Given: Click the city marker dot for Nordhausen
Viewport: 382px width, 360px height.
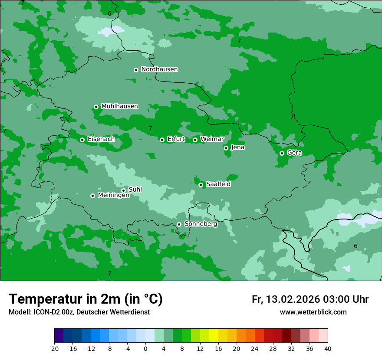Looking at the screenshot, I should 136,70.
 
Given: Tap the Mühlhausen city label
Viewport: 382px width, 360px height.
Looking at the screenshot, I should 119,106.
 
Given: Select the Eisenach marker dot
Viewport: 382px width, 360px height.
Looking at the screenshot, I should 82,140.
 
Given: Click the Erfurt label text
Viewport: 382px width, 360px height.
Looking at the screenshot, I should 176,139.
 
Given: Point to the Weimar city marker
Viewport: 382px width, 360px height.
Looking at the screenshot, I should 195,140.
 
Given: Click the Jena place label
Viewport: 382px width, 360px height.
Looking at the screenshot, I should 237,147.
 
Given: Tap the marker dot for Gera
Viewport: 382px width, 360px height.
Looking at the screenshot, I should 282,153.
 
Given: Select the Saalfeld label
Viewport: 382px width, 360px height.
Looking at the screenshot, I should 218,184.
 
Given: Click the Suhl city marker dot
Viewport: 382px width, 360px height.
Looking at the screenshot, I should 123,190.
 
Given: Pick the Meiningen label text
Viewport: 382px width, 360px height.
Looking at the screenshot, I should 114,196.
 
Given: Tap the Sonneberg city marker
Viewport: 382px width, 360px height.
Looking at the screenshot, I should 179,224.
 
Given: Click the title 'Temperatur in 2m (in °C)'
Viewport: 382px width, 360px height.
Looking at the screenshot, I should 86,299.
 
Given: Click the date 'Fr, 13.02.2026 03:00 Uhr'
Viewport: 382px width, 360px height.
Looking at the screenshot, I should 310,300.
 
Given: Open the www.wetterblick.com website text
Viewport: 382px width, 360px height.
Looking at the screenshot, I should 313,312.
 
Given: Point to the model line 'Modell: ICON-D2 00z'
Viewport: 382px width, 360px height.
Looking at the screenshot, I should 79,312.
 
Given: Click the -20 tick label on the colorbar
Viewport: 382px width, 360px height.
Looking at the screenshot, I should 54,349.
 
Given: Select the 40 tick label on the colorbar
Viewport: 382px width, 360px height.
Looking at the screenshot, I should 328,349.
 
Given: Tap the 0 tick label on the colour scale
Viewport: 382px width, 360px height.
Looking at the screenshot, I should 145,349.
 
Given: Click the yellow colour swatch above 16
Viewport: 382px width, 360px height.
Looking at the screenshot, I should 214,336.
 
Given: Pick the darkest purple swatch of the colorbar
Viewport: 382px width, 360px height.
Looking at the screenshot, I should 59,336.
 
